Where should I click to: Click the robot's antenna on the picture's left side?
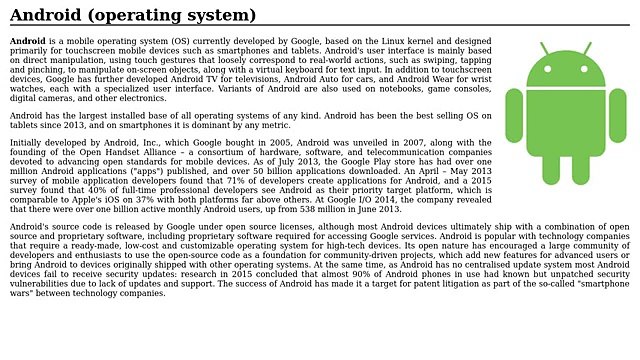[x=545, y=49]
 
